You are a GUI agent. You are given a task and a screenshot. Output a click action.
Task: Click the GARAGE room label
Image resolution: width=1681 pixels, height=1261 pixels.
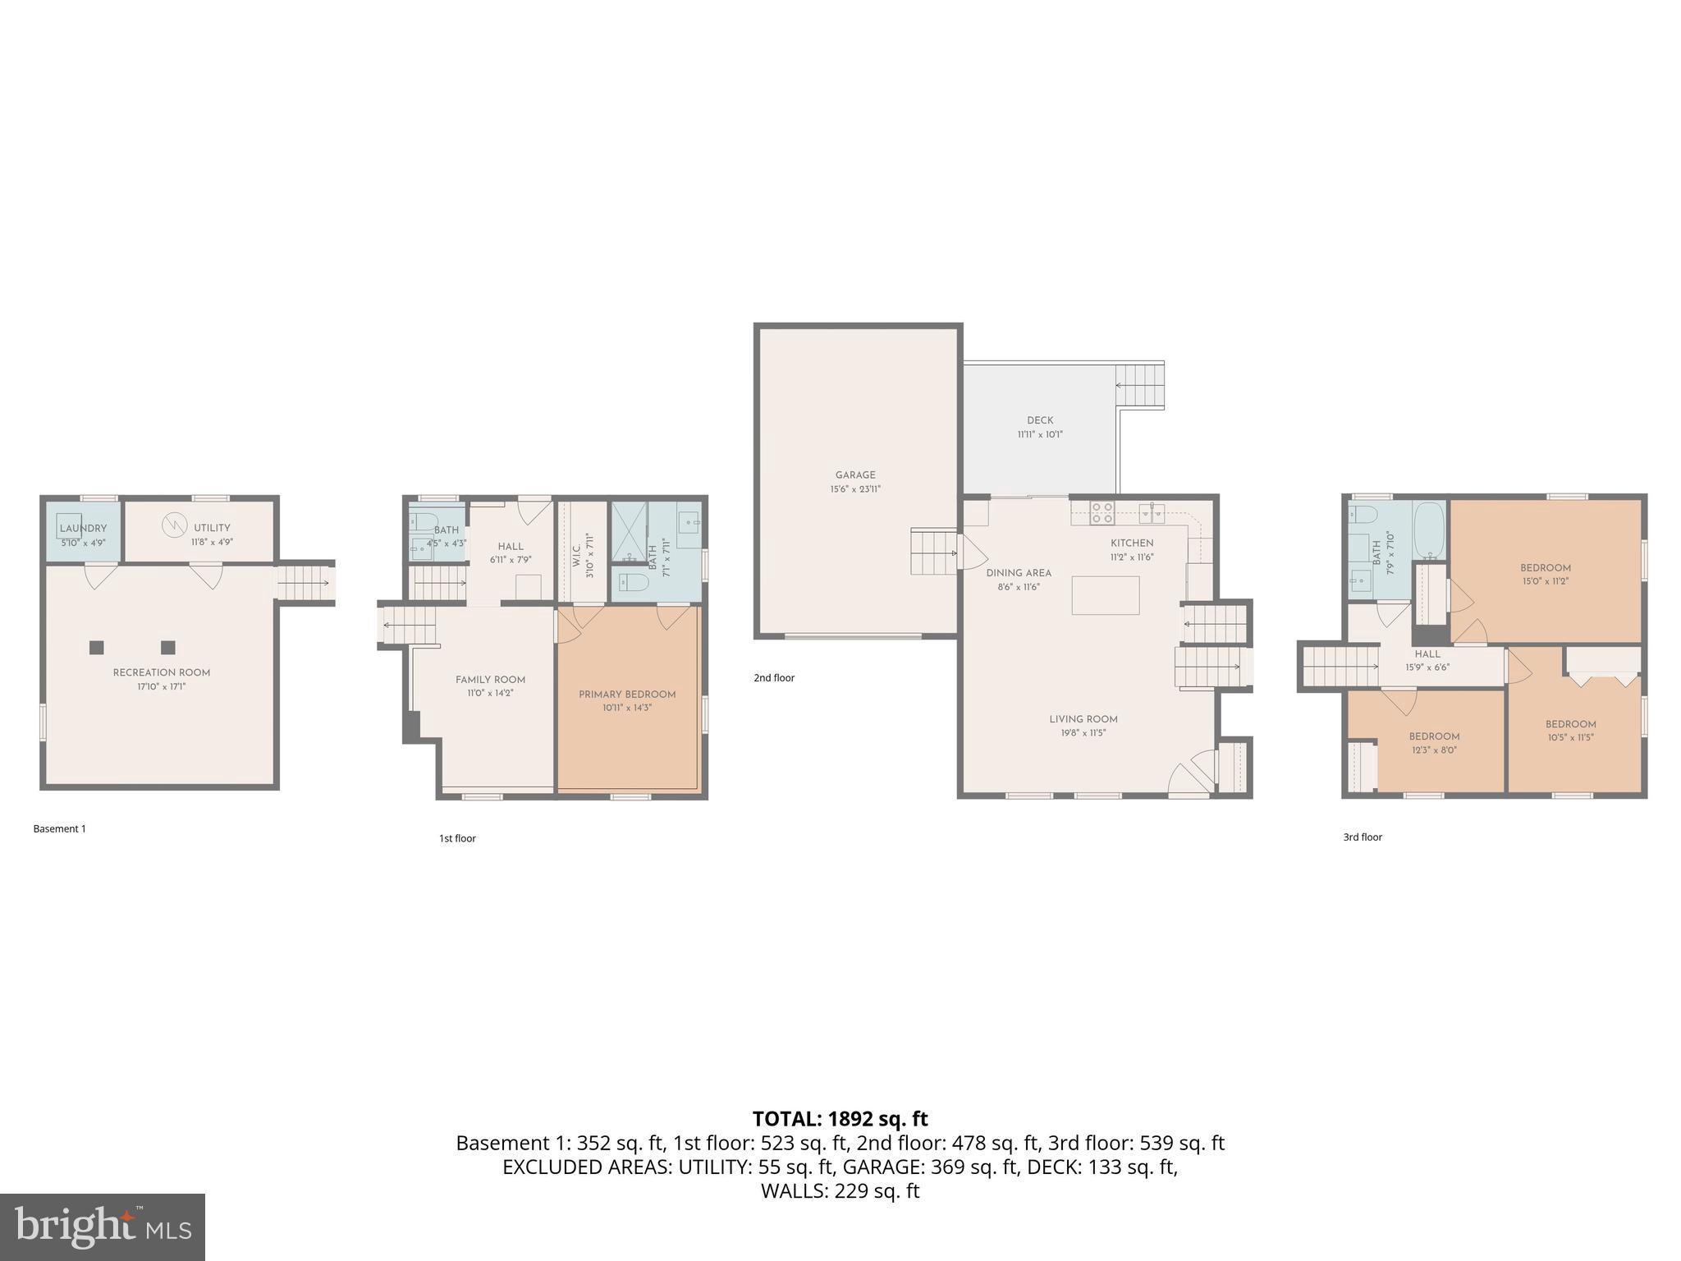pyautogui.click(x=855, y=475)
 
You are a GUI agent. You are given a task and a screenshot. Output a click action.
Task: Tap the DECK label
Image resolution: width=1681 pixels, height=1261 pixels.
pyautogui.click(x=1040, y=420)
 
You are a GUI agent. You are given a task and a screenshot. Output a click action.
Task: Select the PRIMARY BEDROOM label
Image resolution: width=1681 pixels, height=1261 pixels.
pyautogui.click(x=627, y=695)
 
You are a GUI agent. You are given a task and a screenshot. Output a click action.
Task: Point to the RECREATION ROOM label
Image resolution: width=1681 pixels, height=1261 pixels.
pyautogui.click(x=162, y=672)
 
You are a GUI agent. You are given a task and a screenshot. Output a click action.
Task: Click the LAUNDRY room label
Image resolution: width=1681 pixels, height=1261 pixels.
pyautogui.click(x=83, y=528)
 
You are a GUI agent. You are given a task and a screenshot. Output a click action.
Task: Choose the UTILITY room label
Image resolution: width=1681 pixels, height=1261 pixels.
pyautogui.click(x=212, y=528)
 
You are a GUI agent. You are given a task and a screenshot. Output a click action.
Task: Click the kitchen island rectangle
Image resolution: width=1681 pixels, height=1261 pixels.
pyautogui.click(x=1105, y=595)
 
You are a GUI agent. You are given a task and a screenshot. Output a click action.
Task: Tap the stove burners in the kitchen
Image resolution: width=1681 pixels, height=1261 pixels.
pyautogui.click(x=1102, y=513)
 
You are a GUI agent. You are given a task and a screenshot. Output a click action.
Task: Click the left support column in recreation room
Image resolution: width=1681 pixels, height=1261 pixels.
pyautogui.click(x=96, y=647)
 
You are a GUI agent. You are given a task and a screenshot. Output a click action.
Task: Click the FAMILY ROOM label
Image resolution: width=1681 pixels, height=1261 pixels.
pyautogui.click(x=490, y=680)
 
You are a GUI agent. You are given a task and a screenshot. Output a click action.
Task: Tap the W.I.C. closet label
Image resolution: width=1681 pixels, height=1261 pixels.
pyautogui.click(x=577, y=549)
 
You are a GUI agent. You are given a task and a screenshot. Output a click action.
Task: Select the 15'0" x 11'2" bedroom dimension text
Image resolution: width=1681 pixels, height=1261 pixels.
pyautogui.click(x=1545, y=581)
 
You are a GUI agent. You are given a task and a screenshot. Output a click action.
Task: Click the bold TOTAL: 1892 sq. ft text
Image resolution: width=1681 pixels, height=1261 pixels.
pyautogui.click(x=840, y=1119)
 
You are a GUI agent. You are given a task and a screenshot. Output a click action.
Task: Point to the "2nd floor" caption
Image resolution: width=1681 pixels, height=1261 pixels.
pyautogui.click(x=774, y=678)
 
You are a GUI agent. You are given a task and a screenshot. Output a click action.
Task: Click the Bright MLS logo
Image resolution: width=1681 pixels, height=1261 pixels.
pyautogui.click(x=103, y=1227)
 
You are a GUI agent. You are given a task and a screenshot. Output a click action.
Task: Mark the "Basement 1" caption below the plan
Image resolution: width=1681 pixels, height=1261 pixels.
pyautogui.click(x=59, y=829)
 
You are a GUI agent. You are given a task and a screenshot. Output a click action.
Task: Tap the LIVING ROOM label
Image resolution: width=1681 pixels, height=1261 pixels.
pyautogui.click(x=1083, y=719)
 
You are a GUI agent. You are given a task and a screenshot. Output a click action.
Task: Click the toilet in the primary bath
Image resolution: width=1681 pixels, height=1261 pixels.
pyautogui.click(x=634, y=583)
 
